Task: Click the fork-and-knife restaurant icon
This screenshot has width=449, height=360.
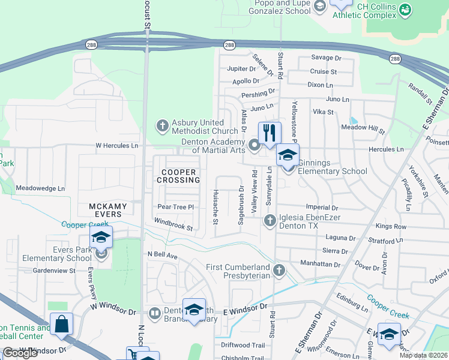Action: pos(270,132)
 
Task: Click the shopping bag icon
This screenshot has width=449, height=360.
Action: pos(61,325)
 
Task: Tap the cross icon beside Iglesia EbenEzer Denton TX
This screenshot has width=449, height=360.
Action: pos(270,221)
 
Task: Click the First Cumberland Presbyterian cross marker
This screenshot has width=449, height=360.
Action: pos(279,271)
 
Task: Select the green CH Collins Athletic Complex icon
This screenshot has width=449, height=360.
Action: pos(405,10)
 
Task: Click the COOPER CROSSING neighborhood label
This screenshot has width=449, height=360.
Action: pos(178,176)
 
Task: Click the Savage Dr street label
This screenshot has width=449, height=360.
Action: pos(326,58)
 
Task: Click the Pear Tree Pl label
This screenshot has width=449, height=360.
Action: pos(175,207)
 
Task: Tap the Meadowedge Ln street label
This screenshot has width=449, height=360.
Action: pos(40,188)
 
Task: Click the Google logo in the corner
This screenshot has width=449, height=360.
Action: pos(20,353)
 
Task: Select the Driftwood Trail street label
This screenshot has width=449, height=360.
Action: pos(243,345)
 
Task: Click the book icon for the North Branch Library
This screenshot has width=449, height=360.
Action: pos(154,313)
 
